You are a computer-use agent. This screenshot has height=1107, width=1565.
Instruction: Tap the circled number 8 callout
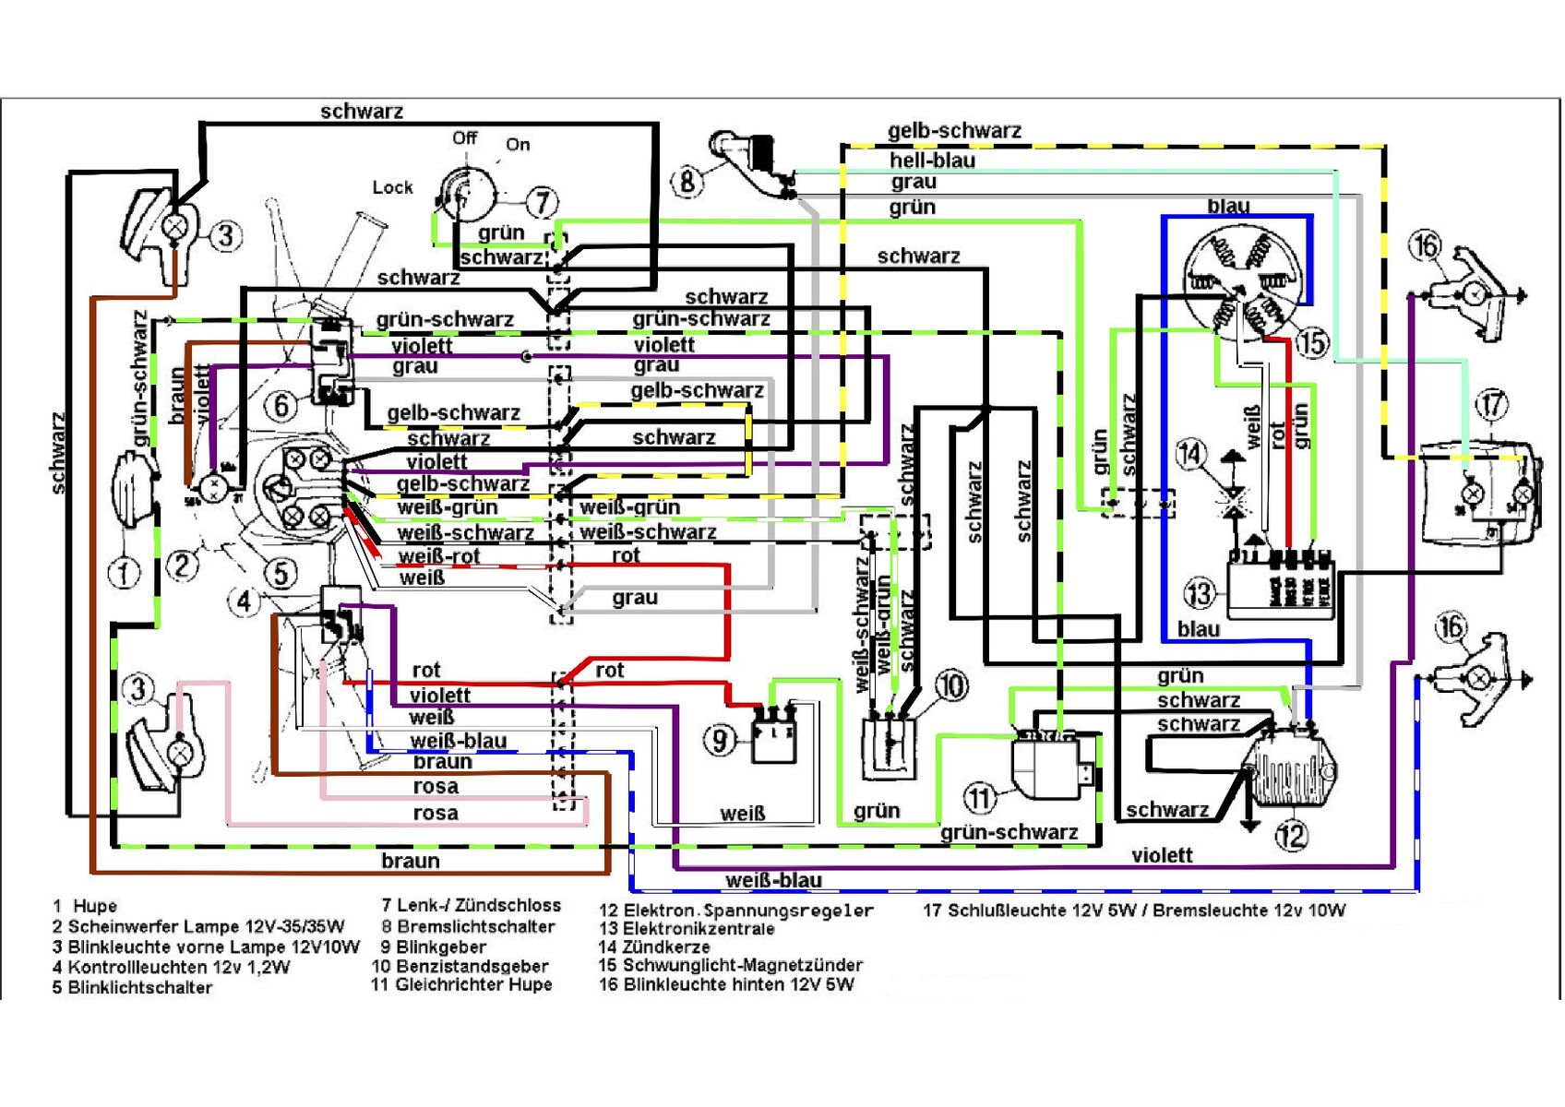pos(687,181)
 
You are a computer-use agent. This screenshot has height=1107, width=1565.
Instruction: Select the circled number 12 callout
pos(1291,836)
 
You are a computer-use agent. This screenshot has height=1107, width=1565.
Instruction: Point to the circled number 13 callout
pos(1200,593)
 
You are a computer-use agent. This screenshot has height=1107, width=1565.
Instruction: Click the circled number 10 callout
pos(951,685)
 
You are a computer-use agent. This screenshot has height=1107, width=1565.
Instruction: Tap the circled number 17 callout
pos(1492,404)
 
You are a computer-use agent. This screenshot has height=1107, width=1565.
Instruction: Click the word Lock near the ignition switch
pos(392,187)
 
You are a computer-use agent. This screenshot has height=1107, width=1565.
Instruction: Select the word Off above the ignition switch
pos(464,137)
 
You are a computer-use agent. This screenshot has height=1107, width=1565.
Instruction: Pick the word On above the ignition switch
pos(518,144)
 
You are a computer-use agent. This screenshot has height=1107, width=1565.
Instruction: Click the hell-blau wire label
pos(932,160)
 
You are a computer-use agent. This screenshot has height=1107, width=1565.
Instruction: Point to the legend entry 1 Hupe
pos(85,906)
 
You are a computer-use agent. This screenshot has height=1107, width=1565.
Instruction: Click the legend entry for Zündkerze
pos(654,946)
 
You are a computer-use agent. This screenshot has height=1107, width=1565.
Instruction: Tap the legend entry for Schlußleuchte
pos(1134,911)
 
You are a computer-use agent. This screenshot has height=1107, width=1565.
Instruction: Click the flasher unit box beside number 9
pos(773,735)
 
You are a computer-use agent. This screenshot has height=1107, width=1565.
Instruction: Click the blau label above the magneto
pos(1228,205)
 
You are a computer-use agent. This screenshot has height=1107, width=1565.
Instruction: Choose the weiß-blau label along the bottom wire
pos(773,880)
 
